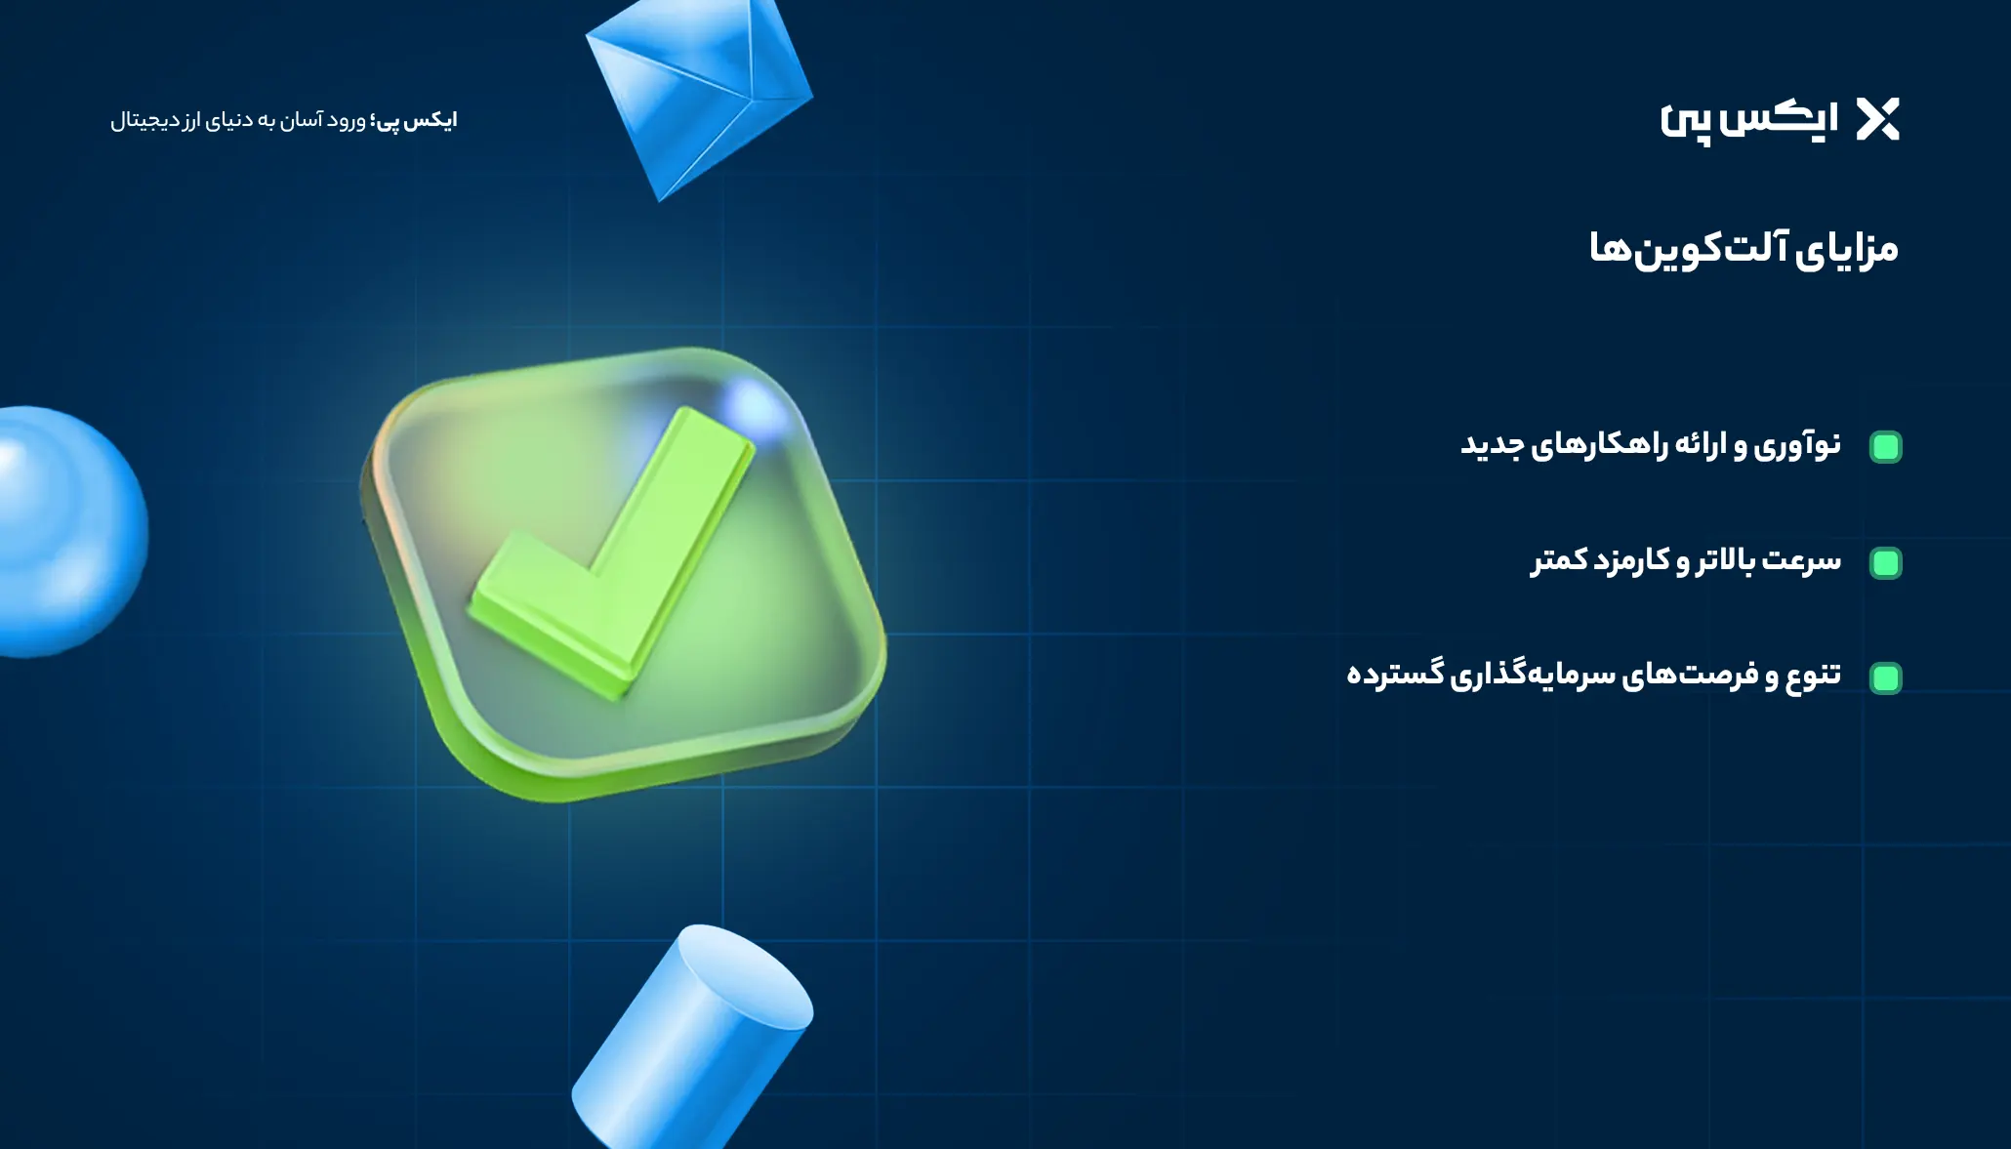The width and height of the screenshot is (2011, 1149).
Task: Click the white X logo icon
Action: (1877, 119)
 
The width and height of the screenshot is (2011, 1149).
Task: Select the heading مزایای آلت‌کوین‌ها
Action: (1744, 248)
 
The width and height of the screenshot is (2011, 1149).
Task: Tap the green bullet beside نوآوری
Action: (1885, 447)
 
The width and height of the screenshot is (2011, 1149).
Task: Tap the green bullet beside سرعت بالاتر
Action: (1885, 563)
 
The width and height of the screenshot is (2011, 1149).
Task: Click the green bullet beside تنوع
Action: (1885, 677)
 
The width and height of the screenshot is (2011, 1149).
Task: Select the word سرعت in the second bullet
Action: (1802, 560)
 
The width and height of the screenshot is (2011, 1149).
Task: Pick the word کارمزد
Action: (1632, 560)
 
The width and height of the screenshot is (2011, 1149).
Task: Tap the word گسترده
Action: (1395, 674)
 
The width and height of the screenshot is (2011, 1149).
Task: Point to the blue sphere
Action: (68, 532)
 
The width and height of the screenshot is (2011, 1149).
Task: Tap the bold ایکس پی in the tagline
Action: (416, 120)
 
